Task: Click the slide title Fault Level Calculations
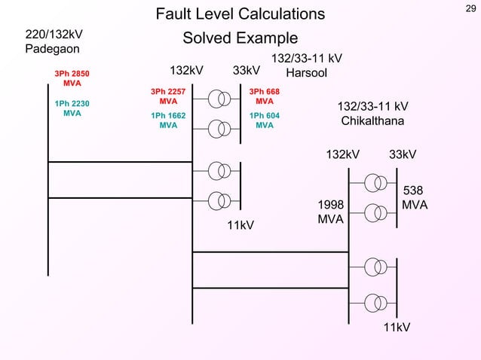click(240, 14)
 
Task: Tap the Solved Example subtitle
click(240, 38)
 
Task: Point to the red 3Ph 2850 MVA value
click(72, 78)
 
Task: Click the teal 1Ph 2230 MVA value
click(72, 108)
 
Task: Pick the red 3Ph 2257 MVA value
click(168, 96)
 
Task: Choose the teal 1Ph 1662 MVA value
click(168, 121)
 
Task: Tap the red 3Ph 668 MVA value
click(264, 96)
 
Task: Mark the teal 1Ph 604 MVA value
click(264, 121)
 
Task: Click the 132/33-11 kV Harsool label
click(306, 66)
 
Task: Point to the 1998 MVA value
click(331, 212)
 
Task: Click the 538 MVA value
click(415, 198)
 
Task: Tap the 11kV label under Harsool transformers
click(240, 225)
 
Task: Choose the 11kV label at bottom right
click(397, 328)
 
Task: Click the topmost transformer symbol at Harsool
click(219, 99)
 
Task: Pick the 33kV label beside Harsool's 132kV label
click(247, 71)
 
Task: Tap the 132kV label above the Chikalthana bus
click(342, 154)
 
